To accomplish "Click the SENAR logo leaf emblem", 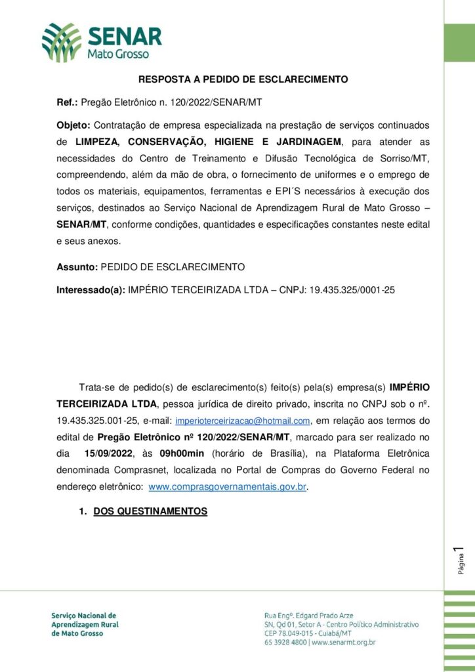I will click(x=62, y=41).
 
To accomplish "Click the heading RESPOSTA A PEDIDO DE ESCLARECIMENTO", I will click(x=243, y=79).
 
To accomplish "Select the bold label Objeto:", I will click(x=74, y=125).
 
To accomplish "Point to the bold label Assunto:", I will click(x=77, y=267).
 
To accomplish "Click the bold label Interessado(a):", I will click(x=91, y=289).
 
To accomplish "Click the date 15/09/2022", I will click(x=108, y=453).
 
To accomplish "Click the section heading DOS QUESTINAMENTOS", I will click(x=150, y=511).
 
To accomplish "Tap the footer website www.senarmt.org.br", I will click(x=343, y=642).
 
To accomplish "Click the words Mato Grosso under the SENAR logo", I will click(x=118, y=54).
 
